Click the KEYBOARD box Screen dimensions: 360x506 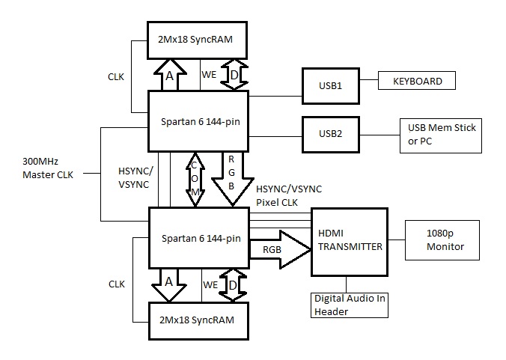(418, 81)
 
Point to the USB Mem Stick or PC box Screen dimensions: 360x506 (440, 134)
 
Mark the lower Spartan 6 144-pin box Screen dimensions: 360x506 (199, 238)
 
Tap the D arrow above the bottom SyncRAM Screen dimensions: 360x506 (233, 285)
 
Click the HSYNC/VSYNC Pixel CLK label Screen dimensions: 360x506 (288, 195)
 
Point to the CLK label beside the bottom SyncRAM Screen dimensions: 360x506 (117, 284)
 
